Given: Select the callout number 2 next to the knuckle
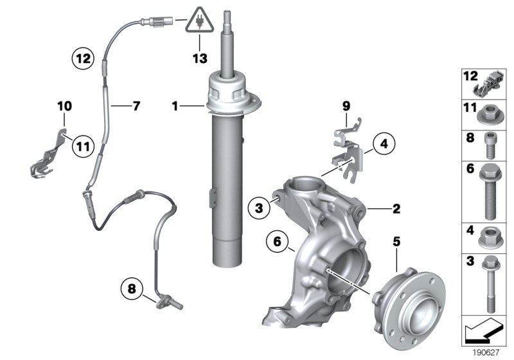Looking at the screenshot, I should click(396, 208).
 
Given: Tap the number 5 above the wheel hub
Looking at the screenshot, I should click(396, 242).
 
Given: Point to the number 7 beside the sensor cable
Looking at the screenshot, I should click(136, 104).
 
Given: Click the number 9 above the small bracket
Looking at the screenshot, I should click(345, 105).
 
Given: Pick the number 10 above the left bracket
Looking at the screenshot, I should click(64, 105).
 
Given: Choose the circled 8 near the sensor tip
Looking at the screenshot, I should click(132, 289).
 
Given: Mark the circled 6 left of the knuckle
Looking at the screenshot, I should click(277, 243).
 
